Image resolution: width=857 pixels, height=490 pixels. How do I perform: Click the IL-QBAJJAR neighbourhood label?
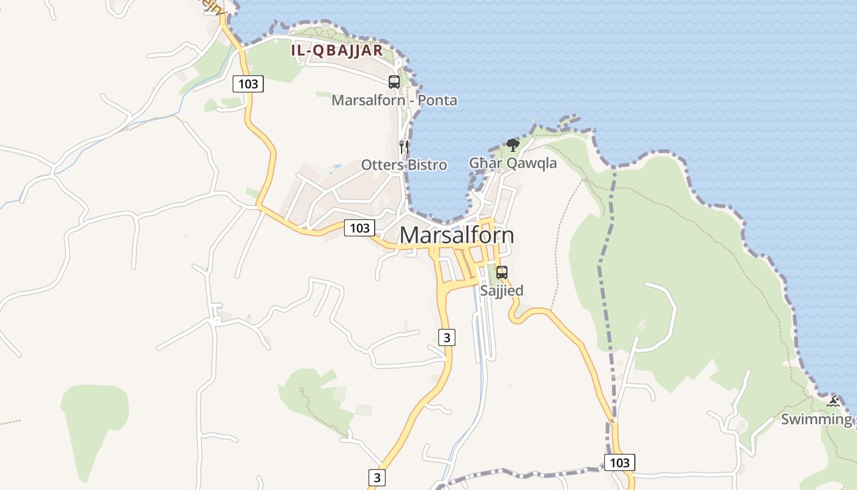click(x=337, y=50)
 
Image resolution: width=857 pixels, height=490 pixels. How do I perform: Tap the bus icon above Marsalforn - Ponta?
click(x=394, y=81)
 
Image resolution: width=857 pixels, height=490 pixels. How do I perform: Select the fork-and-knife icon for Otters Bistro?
click(x=403, y=146)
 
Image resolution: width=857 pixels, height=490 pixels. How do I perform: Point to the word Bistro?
click(x=426, y=165)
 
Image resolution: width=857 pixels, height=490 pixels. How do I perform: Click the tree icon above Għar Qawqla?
click(x=513, y=145)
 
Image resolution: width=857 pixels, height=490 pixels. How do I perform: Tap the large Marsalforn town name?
click(x=457, y=235)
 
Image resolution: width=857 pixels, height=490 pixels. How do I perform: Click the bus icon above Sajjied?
click(x=502, y=273)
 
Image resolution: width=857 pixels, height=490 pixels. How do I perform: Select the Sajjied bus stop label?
click(x=501, y=290)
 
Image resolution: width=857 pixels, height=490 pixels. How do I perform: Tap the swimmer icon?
click(x=833, y=402)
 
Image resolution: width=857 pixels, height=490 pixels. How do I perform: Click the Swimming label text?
click(x=816, y=420)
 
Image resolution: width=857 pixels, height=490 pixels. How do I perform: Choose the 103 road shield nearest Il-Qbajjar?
click(x=248, y=84)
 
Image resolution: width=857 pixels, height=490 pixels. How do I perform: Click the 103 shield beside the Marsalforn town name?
click(x=359, y=228)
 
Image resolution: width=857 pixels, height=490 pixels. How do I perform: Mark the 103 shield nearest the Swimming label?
click(x=619, y=462)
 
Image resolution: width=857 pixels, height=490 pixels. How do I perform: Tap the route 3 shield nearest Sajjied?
click(x=447, y=337)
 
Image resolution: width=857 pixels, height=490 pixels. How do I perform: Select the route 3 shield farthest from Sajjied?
click(x=377, y=478)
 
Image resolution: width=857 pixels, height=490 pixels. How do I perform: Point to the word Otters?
click(x=381, y=165)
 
